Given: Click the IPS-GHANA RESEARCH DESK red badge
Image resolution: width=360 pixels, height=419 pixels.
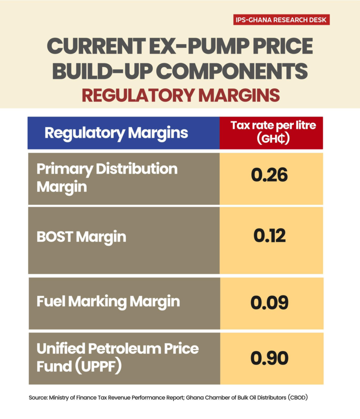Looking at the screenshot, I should (x=281, y=20).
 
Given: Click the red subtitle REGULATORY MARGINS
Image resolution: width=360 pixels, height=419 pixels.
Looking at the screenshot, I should (x=180, y=95).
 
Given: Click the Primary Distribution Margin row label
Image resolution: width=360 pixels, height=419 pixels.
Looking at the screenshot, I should (x=107, y=178).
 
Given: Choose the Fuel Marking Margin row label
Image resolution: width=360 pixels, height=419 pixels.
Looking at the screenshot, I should (x=108, y=302).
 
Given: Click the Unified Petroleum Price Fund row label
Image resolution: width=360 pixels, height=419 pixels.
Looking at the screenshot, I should (x=117, y=357).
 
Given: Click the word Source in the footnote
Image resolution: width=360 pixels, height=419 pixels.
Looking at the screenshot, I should (x=38, y=397).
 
